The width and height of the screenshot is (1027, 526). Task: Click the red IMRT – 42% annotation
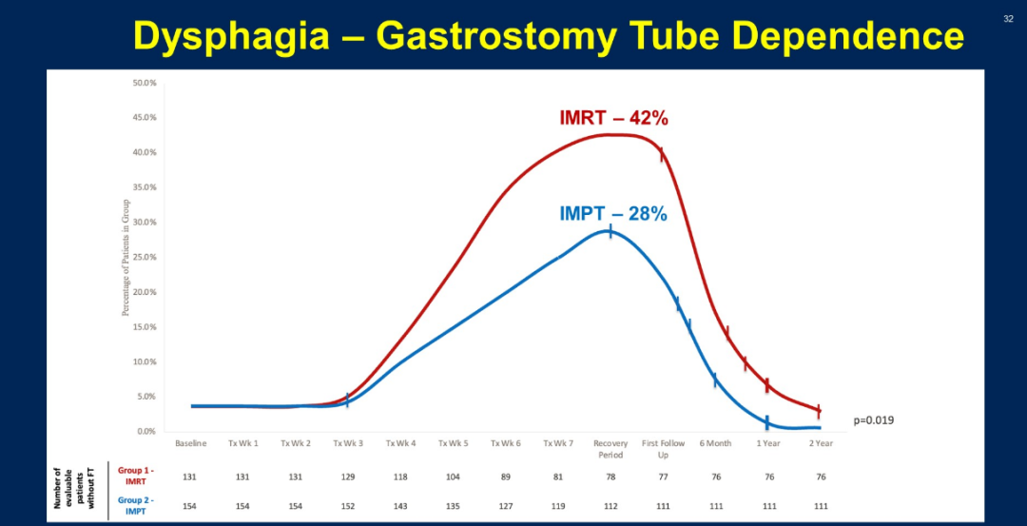coord(613,119)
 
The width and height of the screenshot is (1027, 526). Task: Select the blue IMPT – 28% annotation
coord(613,214)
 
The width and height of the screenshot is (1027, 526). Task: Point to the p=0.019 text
coord(873,419)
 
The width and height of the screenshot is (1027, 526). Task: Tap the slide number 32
coord(1008,18)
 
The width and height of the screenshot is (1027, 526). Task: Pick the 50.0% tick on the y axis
coord(145,83)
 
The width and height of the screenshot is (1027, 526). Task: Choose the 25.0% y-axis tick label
coord(145,257)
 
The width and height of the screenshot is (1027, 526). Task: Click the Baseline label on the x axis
coord(191,443)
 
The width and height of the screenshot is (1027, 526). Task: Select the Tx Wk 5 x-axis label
coord(453,443)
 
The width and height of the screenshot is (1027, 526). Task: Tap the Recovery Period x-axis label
coord(610,448)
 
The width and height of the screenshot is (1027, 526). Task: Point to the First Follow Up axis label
coord(663,448)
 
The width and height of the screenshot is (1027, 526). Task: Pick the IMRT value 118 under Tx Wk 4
coord(400,477)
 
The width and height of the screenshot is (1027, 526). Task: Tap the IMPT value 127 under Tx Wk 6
coord(505,505)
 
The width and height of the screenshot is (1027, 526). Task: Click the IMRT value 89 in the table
coord(505,477)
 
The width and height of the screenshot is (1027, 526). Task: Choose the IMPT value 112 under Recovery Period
coord(610,505)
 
